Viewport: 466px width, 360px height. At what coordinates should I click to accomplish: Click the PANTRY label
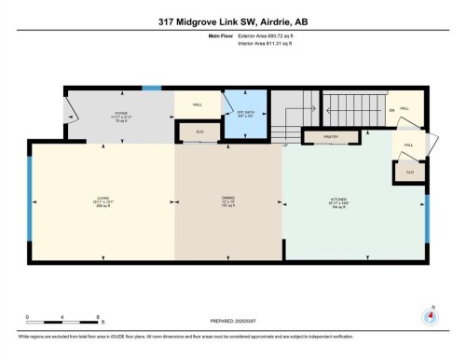point(332,137)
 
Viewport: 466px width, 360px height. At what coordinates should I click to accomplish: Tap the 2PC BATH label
point(245,115)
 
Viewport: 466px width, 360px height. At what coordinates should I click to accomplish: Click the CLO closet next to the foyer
point(199,132)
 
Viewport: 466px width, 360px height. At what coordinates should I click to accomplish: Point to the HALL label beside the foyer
point(197,105)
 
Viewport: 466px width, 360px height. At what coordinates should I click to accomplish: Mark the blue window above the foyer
point(151,89)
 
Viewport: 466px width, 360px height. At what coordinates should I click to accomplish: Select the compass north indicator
point(432,315)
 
